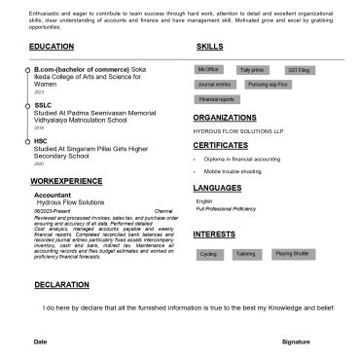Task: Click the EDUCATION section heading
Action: tap(52, 47)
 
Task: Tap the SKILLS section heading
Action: tap(209, 47)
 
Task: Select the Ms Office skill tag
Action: tap(208, 70)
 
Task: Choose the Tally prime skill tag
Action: tap(252, 70)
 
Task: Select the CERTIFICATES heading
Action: tap(220, 145)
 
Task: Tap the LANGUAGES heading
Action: tap(218, 187)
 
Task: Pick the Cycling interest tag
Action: tap(208, 254)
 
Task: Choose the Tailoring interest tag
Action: tap(245, 254)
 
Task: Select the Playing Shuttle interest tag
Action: tap(291, 254)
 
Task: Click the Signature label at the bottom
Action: tap(296, 342)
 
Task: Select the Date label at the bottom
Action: tap(41, 342)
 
